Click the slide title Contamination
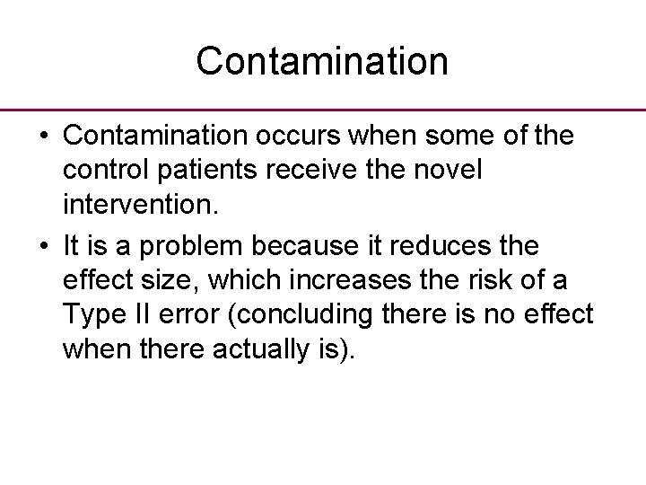point(322,61)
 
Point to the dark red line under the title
point(323,109)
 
